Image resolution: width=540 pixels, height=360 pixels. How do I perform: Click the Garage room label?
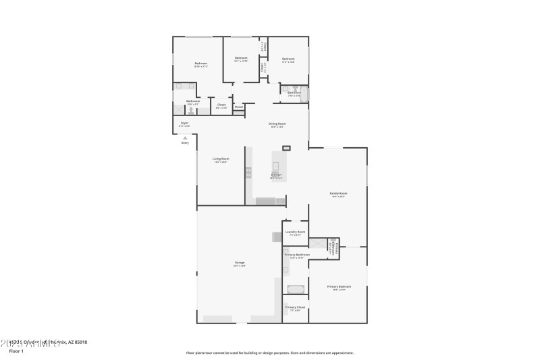tap(240, 262)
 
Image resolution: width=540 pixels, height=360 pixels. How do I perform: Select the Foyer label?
tap(184, 123)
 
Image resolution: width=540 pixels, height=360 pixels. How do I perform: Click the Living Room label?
tap(221, 159)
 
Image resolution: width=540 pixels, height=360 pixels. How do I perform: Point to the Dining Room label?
tap(277, 123)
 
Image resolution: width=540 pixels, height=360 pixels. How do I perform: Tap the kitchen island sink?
tap(277, 165)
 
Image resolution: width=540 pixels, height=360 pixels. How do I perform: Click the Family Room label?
tap(337, 193)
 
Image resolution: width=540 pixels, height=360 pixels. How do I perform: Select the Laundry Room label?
tap(295, 232)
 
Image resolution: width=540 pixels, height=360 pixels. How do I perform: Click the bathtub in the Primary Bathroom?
tap(296, 289)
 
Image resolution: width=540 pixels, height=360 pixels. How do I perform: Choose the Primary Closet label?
tap(295, 307)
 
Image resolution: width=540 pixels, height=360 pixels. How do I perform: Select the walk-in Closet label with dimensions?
tap(221, 105)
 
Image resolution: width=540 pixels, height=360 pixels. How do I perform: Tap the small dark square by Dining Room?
tap(286, 148)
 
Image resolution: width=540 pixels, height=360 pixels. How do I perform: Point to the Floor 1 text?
tap(16, 352)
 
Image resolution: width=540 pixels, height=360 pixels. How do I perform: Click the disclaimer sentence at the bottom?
tap(269, 353)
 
